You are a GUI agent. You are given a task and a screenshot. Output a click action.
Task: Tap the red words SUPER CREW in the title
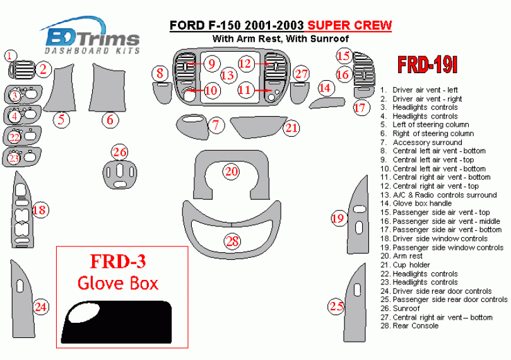349,25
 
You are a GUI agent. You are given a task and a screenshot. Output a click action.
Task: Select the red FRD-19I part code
427,65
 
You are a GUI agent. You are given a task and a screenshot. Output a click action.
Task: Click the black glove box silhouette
116,322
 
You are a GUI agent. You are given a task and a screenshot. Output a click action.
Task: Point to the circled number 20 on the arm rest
231,171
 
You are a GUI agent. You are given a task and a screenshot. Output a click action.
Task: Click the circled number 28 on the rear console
232,241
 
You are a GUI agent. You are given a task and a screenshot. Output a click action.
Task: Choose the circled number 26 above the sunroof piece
120,152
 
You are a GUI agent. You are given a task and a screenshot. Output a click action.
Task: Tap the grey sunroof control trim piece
120,174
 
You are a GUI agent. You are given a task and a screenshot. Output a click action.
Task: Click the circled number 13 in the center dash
228,75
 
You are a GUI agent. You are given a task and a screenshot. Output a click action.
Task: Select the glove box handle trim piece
327,102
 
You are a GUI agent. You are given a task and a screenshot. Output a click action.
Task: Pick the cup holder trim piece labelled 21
258,127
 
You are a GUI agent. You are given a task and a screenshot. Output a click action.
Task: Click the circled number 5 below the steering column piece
61,120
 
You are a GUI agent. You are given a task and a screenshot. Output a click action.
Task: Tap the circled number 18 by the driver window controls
40,210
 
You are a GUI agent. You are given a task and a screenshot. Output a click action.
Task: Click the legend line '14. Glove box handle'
416,204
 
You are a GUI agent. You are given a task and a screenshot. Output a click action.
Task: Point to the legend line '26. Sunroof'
400,308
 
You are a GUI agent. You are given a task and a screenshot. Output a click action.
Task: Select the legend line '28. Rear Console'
409,326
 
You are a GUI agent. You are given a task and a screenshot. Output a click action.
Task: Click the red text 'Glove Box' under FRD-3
118,283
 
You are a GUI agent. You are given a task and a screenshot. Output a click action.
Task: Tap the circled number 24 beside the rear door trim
41,307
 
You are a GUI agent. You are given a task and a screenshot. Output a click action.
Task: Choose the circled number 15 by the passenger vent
343,55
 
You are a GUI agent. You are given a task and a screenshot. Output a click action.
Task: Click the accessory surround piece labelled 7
192,127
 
